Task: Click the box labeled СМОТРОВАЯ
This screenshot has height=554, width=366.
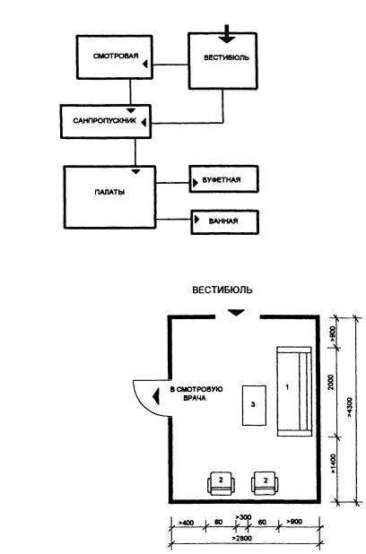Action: pos(114,56)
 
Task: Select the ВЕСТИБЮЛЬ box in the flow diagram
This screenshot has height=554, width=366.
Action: pos(222,60)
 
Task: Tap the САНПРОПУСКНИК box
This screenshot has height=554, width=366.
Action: pos(106,121)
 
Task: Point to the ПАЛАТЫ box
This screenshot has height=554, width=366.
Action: pos(109,197)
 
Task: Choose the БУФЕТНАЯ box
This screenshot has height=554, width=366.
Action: pos(224,179)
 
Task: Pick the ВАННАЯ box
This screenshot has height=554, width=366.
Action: pos(225,222)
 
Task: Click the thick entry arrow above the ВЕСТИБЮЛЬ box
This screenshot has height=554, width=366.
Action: pos(227,34)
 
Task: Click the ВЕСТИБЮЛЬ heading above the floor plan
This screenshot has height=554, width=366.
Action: pos(222,290)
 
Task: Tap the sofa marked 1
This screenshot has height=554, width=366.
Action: pos(294,391)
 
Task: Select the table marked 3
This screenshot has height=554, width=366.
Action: pos(254,405)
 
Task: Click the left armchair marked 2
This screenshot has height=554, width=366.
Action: pos(221,483)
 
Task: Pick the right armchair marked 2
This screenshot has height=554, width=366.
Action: pos(265,483)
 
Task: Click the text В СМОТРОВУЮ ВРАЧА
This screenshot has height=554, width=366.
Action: pos(196,394)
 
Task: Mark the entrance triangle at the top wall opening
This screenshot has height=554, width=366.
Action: pos(236,313)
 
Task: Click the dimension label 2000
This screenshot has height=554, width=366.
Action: pos(331,382)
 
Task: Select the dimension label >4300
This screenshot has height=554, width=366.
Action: pos(349,407)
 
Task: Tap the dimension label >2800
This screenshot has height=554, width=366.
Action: pos(242,539)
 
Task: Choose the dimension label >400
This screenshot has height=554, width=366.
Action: pos(186,523)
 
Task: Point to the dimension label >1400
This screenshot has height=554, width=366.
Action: pos(333,463)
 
